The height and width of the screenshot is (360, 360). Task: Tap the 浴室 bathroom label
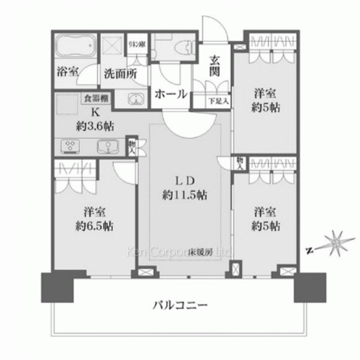(x=69, y=73)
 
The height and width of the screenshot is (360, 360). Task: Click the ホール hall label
(x=171, y=94)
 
